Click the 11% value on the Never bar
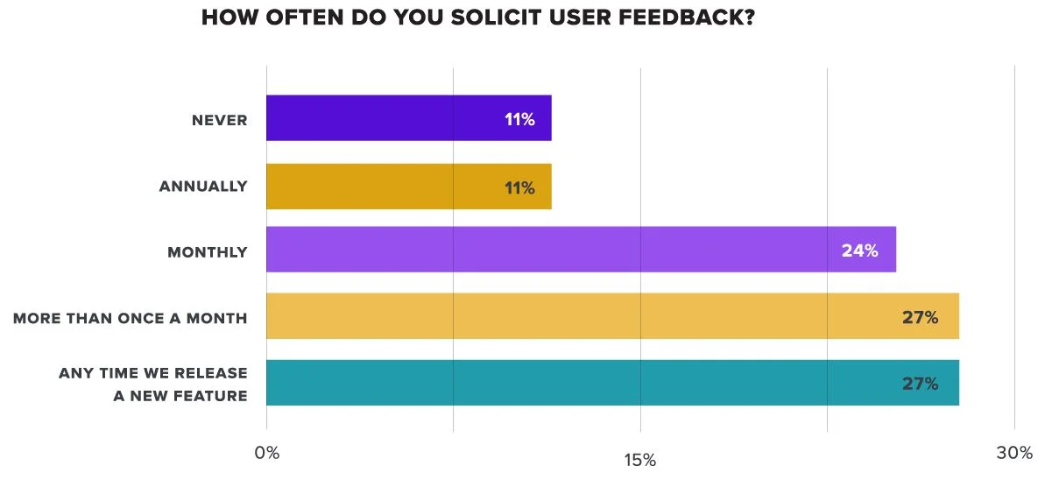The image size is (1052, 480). [519, 119]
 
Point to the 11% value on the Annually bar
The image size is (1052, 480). [519, 187]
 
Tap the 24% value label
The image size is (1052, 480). [859, 251]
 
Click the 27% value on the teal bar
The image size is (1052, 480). [920, 384]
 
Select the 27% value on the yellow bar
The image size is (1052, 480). [920, 317]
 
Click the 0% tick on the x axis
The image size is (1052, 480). [267, 453]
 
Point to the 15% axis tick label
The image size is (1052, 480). [640, 461]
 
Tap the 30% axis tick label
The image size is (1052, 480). [1014, 453]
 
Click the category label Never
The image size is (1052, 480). [220, 120]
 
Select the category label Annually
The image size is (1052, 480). [203, 187]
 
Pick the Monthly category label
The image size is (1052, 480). [208, 252]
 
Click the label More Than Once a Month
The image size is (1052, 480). [131, 318]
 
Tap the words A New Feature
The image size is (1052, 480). [180, 396]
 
